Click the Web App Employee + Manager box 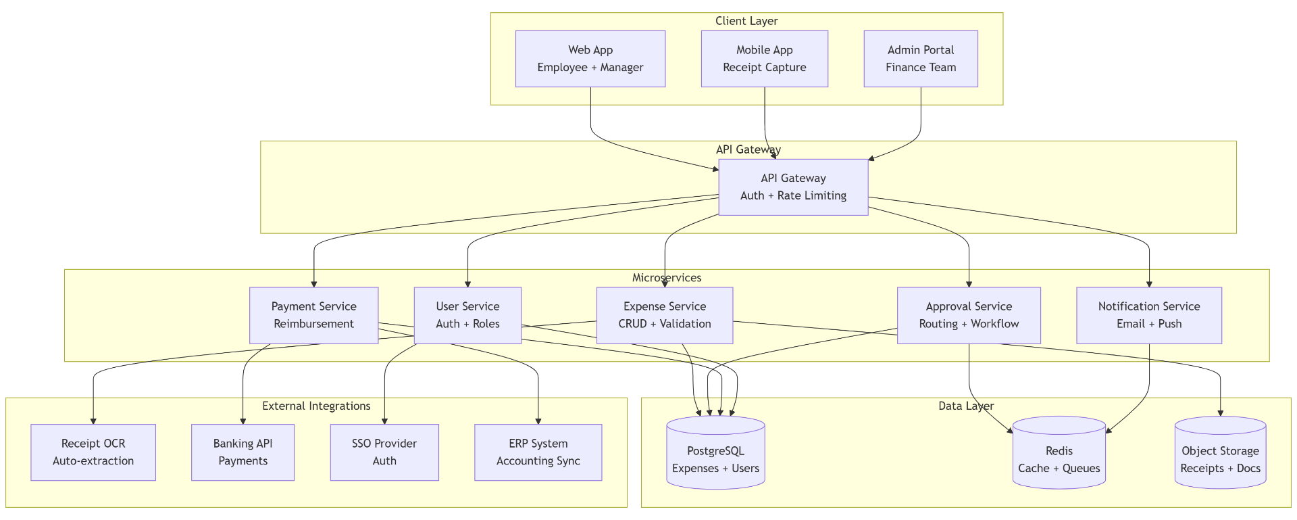(590, 59)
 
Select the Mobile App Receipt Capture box (764, 59)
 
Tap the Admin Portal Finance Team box (920, 59)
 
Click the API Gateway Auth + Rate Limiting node (793, 187)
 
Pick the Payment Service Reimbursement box (313, 315)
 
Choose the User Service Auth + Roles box (467, 315)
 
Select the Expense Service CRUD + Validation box (665, 315)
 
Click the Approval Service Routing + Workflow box (969, 315)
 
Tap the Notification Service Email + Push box (1148, 315)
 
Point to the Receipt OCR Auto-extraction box (93, 452)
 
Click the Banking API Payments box (243, 452)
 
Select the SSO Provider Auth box (384, 452)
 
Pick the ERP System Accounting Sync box (538, 452)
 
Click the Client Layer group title (746, 21)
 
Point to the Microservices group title (667, 278)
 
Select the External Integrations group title (316, 406)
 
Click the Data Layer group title (966, 406)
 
